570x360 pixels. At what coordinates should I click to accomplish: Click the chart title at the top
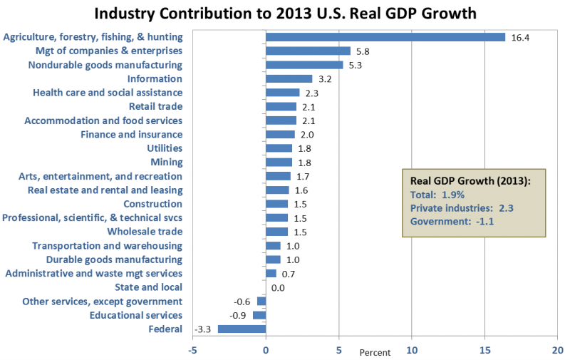[x=285, y=14]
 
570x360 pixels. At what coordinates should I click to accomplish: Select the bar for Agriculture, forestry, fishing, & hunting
[x=385, y=37]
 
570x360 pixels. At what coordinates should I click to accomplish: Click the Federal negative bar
[x=242, y=329]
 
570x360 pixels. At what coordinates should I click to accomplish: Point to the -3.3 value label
[x=204, y=329]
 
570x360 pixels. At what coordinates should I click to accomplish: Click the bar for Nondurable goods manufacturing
[x=304, y=65]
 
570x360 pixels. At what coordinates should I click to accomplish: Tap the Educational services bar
[x=259, y=315]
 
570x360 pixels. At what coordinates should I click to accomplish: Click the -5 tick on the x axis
[x=192, y=350]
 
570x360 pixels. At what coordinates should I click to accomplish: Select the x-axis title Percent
[x=375, y=353]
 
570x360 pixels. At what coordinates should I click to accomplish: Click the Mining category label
[x=166, y=162]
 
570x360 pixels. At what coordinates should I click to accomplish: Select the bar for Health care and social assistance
[x=282, y=93]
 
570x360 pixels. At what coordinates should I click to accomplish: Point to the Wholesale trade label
[x=145, y=232]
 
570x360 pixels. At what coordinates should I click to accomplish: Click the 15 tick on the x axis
[x=484, y=350]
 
